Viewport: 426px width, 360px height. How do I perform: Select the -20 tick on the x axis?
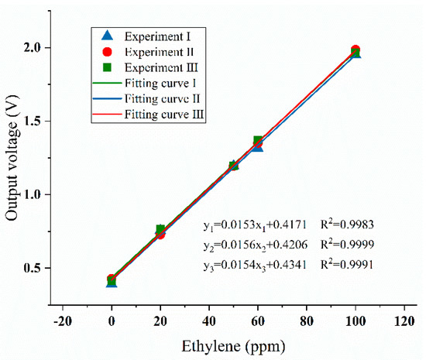click(x=63, y=318)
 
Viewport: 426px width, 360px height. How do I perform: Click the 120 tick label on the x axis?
click(x=404, y=318)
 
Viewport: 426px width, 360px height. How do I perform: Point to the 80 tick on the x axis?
click(x=307, y=318)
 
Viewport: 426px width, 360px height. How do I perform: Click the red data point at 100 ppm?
click(x=356, y=50)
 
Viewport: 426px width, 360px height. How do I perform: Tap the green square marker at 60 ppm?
click(x=258, y=141)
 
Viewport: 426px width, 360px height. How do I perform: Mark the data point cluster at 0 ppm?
click(x=112, y=280)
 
